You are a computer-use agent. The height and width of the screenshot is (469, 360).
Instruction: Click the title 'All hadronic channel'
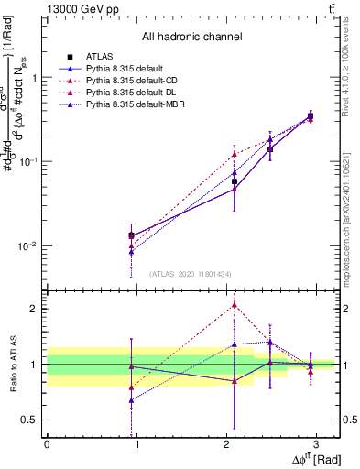pos(191,37)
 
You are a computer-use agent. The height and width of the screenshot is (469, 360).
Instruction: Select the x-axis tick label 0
pos(47,443)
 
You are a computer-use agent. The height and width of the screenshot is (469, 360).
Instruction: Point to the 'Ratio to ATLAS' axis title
pos(12,364)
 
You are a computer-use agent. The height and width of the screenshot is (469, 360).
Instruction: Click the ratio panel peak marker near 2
pos(235,305)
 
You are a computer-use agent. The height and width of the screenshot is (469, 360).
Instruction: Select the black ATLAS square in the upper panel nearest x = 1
pos(132,235)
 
